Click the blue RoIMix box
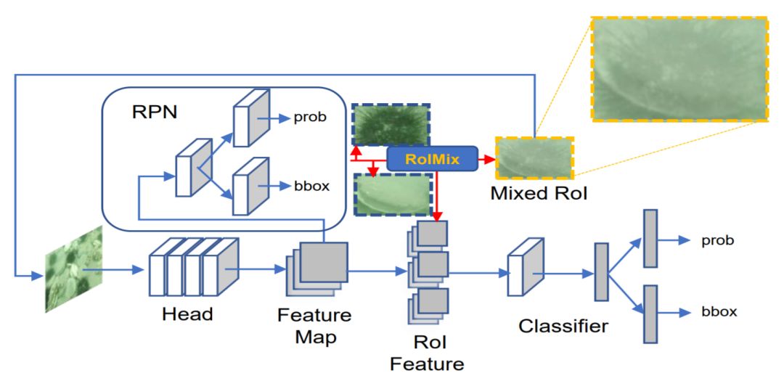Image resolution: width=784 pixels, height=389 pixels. coord(433,158)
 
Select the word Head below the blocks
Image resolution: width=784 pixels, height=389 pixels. coord(187,314)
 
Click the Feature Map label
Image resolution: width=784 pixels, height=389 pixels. coord(314,326)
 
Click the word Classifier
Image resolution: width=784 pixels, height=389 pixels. coord(563,326)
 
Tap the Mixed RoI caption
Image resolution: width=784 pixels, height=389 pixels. coord(539,193)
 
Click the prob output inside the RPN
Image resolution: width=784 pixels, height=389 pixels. coord(310,118)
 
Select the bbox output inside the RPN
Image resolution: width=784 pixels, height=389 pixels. coord(311,186)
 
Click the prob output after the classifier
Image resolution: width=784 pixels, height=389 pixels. coord(717,240)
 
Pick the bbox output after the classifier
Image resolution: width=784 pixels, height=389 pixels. coord(719,312)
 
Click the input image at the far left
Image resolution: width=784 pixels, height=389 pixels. coord(74,269)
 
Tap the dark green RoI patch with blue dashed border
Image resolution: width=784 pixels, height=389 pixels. coord(391,125)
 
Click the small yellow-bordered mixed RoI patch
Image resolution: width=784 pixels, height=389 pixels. coord(534,158)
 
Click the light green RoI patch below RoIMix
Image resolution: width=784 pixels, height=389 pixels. coord(393,194)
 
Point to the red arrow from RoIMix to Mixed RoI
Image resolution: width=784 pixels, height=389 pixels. coord(486,158)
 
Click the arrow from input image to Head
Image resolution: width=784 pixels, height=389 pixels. coord(114,270)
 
